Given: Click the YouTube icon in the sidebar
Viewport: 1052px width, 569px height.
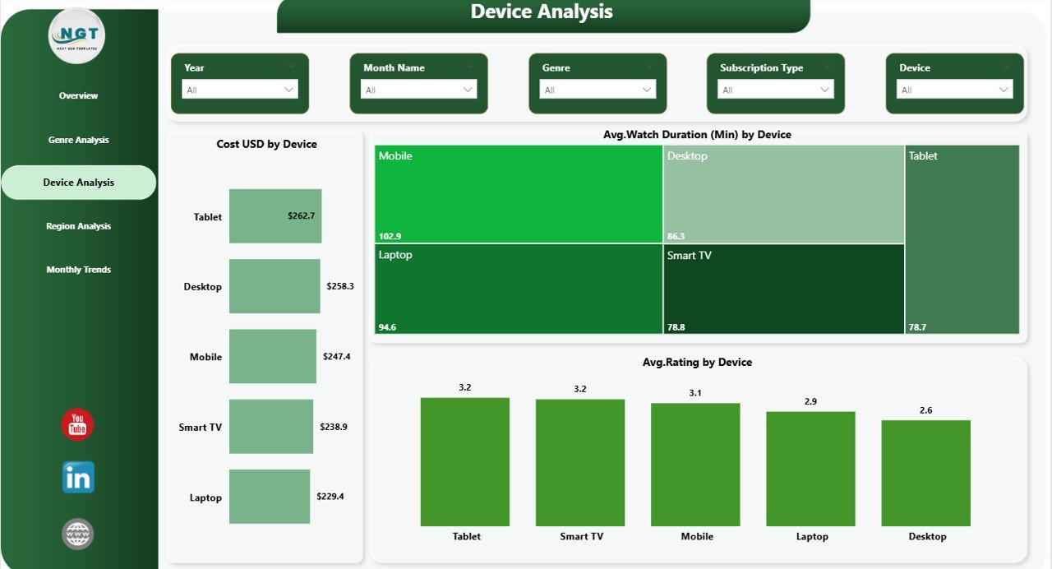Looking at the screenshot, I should point(77,424).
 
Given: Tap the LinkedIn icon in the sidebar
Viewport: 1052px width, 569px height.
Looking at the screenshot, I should point(78,478).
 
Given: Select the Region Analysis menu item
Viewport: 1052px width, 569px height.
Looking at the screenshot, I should point(78,226).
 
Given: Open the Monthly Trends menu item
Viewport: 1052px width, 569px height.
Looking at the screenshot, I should point(78,270).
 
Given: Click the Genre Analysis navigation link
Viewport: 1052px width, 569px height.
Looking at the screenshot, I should point(78,140).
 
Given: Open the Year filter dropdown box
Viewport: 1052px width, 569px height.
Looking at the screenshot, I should point(239,90).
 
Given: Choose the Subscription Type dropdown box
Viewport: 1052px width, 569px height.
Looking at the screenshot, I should point(776,90).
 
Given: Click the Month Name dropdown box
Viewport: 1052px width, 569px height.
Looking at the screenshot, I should point(418,90).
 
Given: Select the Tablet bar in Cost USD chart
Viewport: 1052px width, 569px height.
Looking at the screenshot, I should point(275,216).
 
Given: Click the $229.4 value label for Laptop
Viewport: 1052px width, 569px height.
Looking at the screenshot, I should point(330,497).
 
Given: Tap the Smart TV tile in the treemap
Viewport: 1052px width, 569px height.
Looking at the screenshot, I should point(783,289).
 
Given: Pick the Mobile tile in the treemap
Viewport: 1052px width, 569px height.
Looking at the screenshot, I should point(519,194).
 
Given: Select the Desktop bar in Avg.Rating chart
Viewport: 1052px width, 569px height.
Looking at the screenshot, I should point(926,473).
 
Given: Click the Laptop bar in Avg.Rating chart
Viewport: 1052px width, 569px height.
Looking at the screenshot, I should point(811,469).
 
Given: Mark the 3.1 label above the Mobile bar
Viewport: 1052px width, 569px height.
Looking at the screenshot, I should point(695,393).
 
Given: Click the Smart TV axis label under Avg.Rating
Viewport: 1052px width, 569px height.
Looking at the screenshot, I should point(581,537).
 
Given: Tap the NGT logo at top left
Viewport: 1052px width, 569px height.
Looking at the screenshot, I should point(77,35).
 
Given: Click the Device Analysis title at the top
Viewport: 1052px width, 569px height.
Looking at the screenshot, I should point(542,12).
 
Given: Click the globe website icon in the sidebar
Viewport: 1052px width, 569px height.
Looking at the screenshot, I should point(77,534).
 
